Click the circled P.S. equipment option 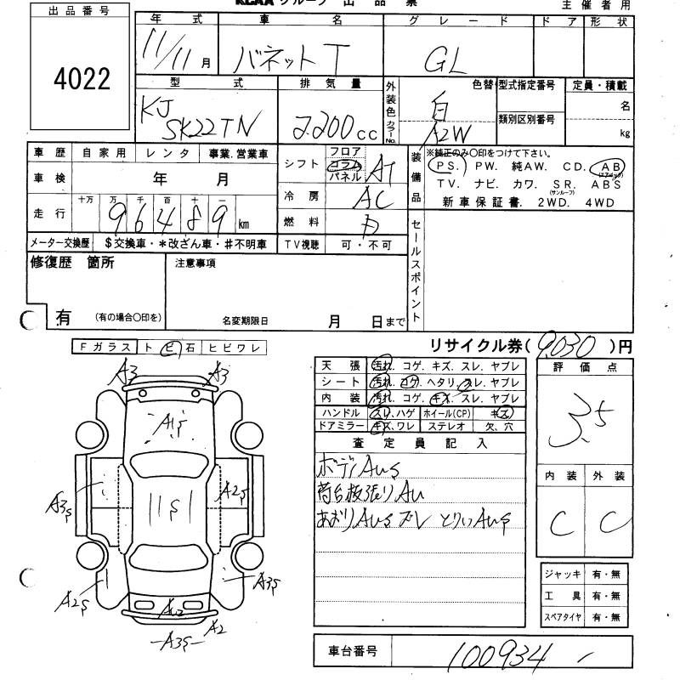pyautogui.click(x=442, y=167)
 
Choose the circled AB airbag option pyautogui.click(x=609, y=167)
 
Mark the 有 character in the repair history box pyautogui.click(x=62, y=317)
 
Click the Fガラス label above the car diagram pyautogui.click(x=104, y=347)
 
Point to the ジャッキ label pyautogui.click(x=564, y=575)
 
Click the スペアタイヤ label pyautogui.click(x=564, y=615)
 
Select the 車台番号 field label pyautogui.click(x=353, y=651)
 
